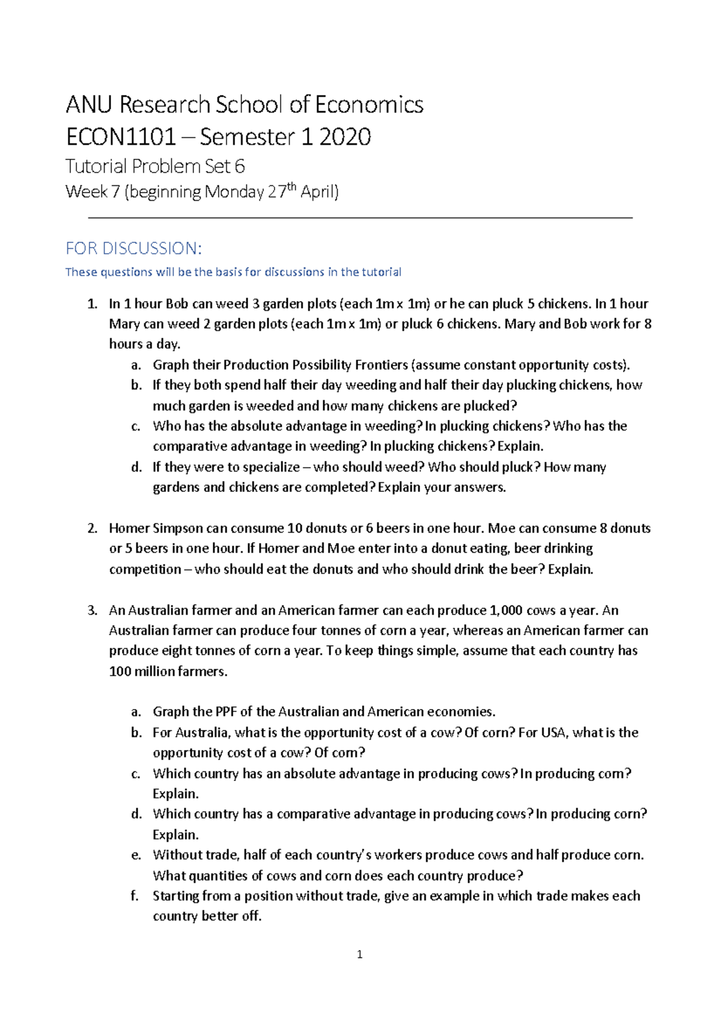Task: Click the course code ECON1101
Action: pyautogui.click(x=120, y=137)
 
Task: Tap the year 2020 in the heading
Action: pyautogui.click(x=345, y=137)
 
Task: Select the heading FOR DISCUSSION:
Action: pyautogui.click(x=133, y=248)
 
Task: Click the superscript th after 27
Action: pyautogui.click(x=292, y=186)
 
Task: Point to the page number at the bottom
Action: pyautogui.click(x=359, y=954)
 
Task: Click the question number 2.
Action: pyautogui.click(x=92, y=529)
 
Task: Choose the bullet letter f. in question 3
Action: pyautogui.click(x=135, y=896)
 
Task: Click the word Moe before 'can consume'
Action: pyautogui.click(x=501, y=529)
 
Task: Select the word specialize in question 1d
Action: pyautogui.click(x=270, y=467)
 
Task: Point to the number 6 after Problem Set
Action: pyautogui.click(x=240, y=167)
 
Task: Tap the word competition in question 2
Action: pyautogui.click(x=145, y=569)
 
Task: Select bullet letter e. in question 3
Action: pyautogui.click(x=136, y=855)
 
